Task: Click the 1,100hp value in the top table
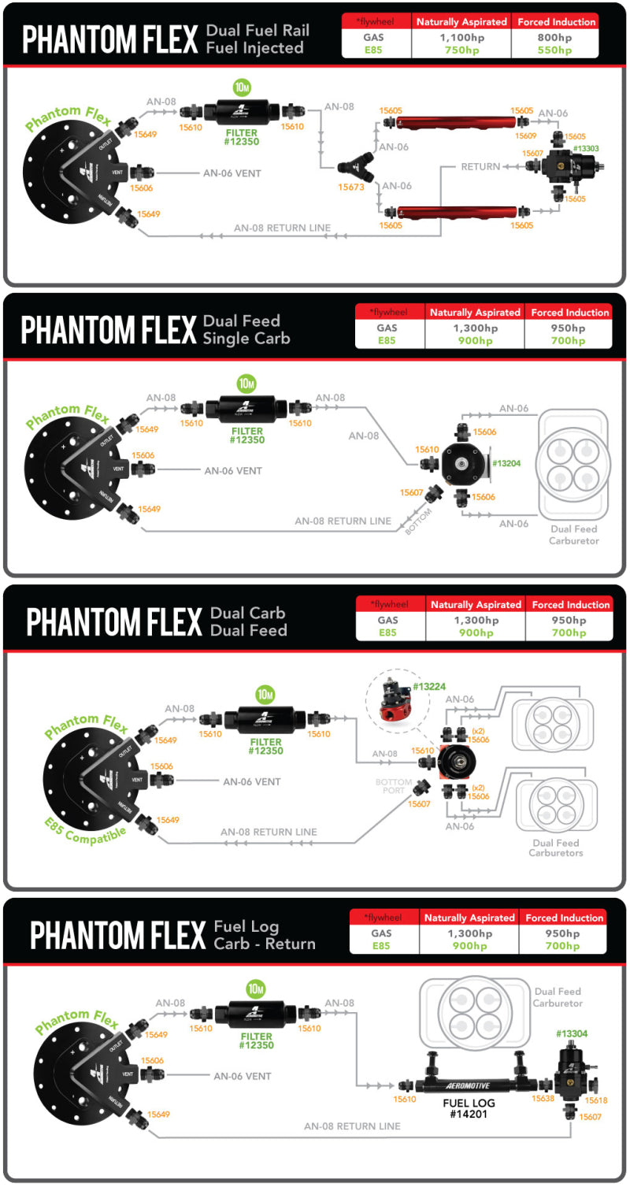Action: click(461, 37)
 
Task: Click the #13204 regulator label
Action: click(506, 463)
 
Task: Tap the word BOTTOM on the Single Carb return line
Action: click(417, 522)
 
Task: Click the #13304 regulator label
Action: click(572, 1033)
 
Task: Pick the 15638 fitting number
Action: click(543, 1098)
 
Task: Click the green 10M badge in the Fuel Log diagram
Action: click(256, 989)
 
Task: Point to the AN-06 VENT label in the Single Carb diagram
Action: click(233, 470)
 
